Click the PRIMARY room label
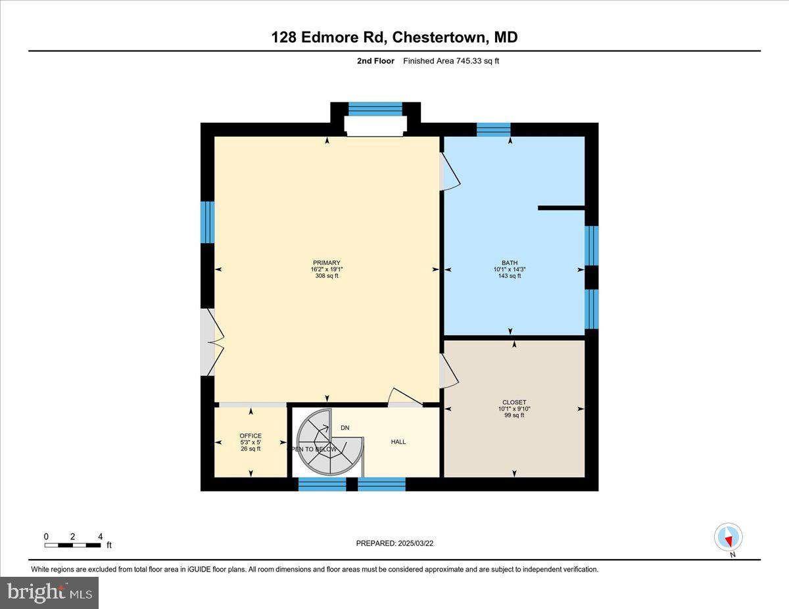(327, 263)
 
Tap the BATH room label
(509, 263)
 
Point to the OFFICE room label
(251, 436)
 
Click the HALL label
(398, 442)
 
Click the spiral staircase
(327, 441)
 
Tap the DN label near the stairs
(345, 428)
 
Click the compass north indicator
(728, 537)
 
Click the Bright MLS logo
(49, 593)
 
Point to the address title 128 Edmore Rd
(394, 37)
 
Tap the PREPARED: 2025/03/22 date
(396, 543)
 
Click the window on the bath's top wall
(493, 129)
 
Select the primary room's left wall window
(207, 222)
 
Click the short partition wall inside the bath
(561, 208)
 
